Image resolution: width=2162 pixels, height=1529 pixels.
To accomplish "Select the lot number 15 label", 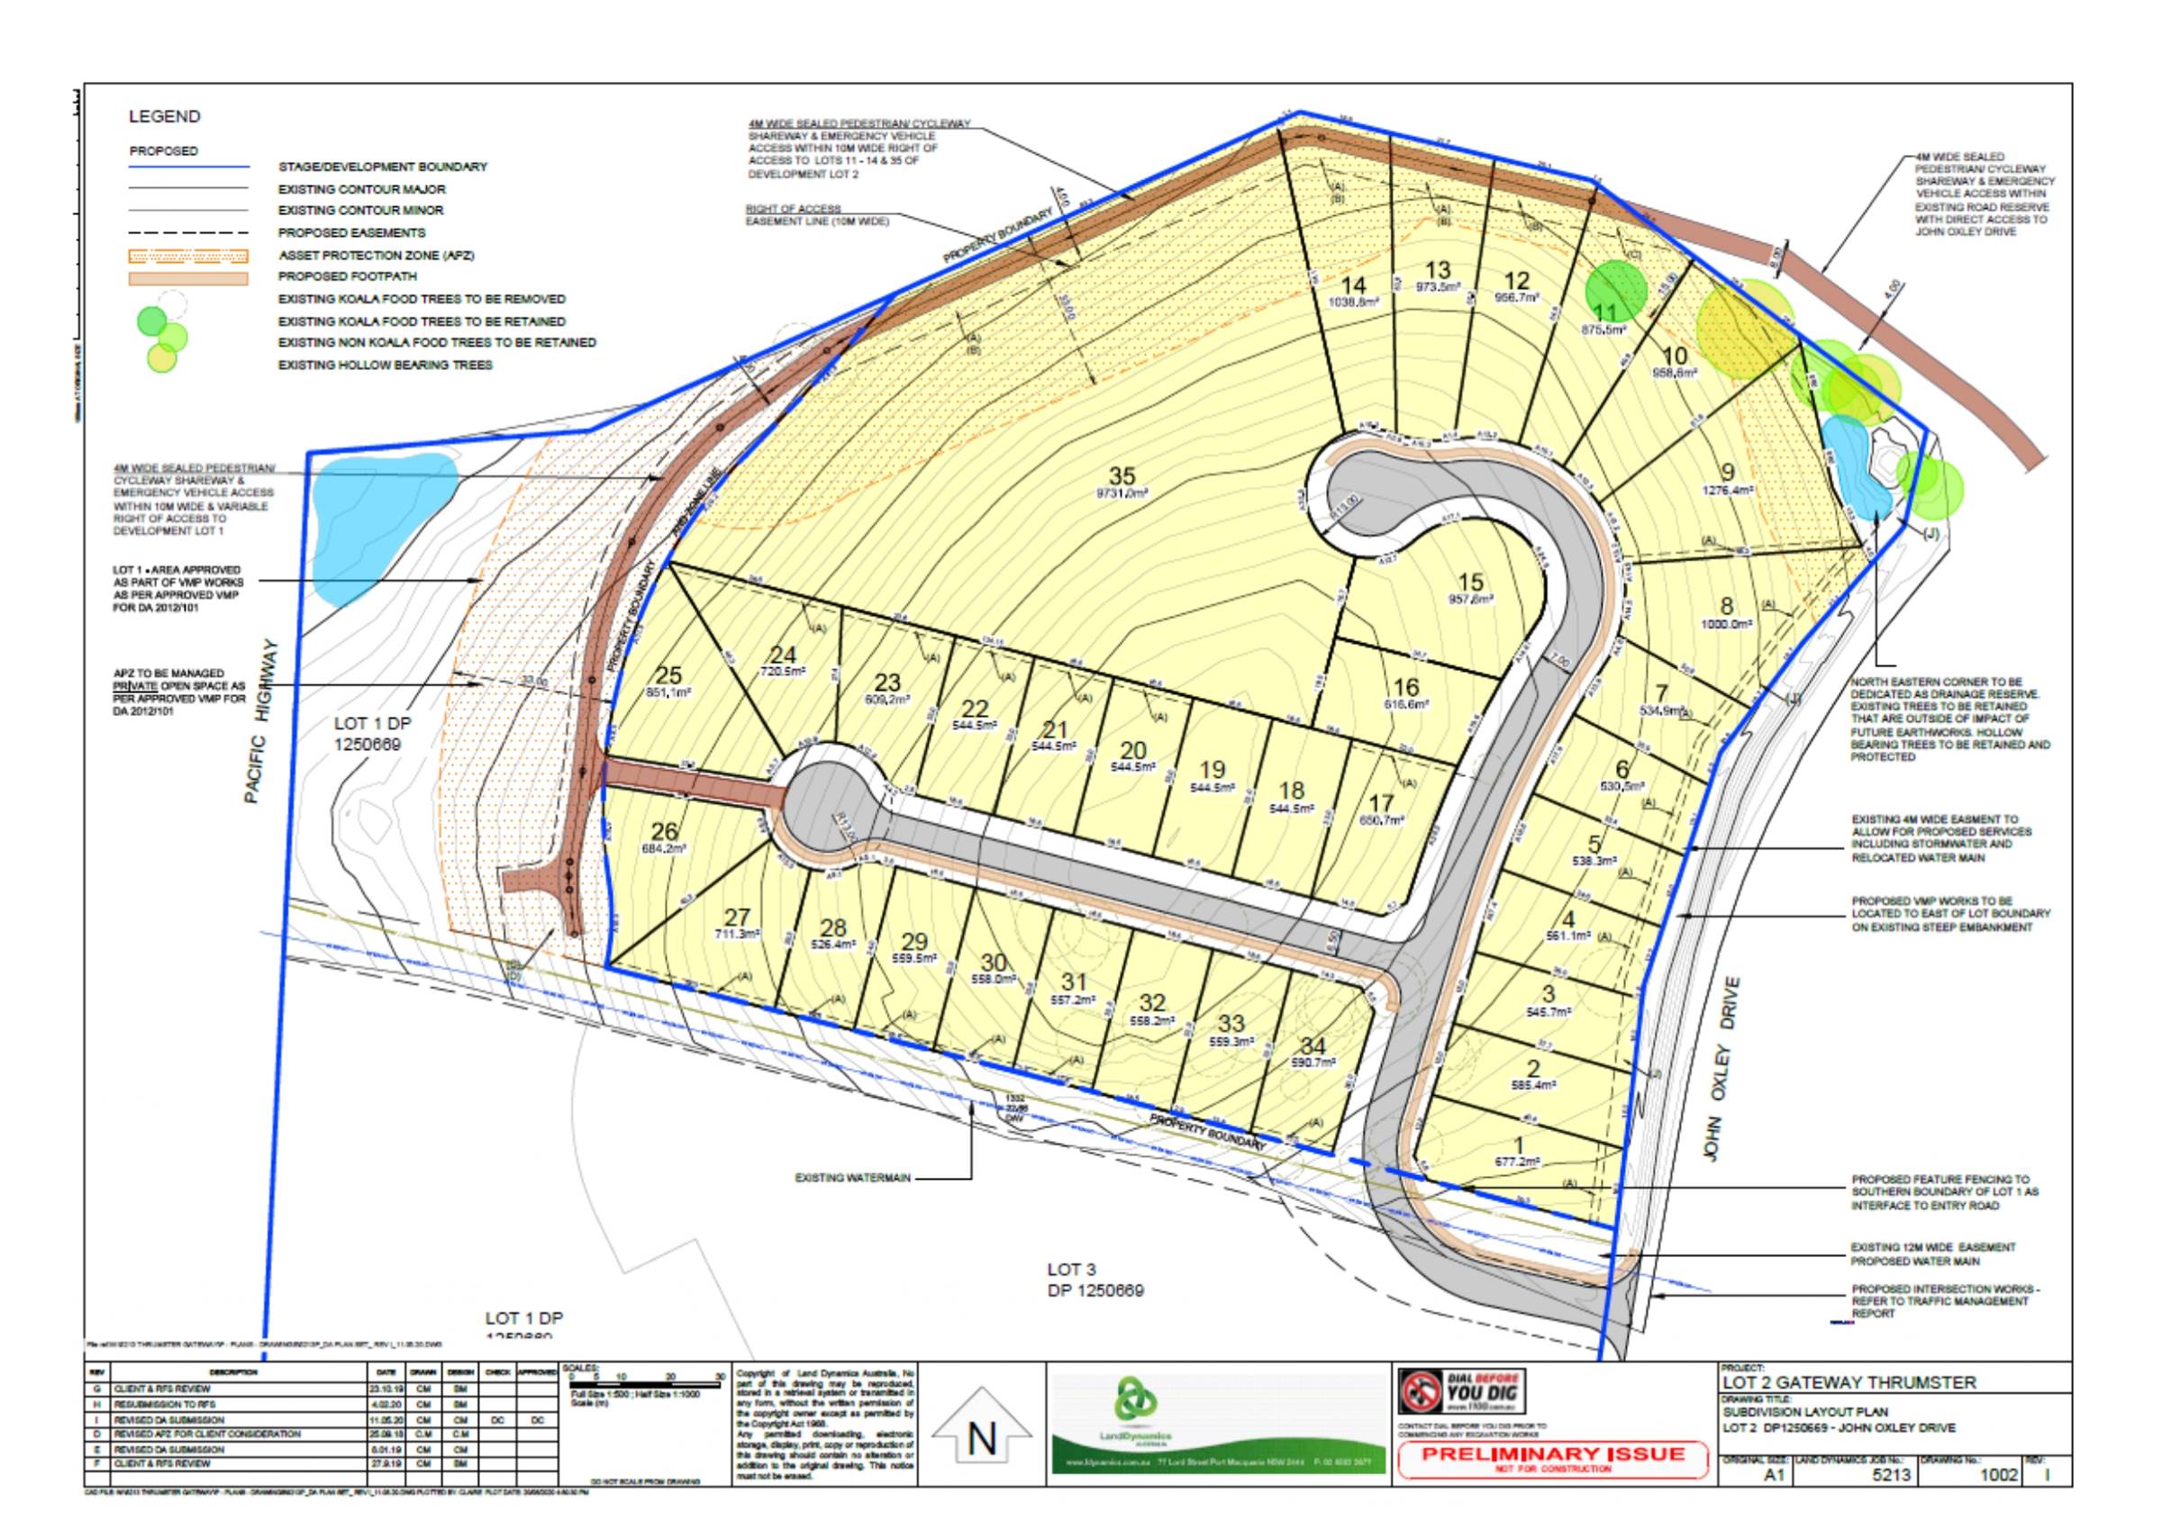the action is pyautogui.click(x=1470, y=583).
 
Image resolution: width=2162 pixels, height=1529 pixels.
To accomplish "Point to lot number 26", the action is pyautogui.click(x=665, y=832).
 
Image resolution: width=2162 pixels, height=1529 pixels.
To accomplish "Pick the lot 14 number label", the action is pyautogui.click(x=1353, y=285).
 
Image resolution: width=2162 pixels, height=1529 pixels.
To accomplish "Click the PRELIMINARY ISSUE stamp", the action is pyautogui.click(x=1556, y=1459).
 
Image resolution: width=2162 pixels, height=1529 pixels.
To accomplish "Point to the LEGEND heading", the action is pyautogui.click(x=164, y=117).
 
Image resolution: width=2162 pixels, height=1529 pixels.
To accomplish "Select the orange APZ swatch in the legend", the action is pyautogui.click(x=188, y=255).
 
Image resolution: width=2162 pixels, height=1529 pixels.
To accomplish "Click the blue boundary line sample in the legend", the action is pyautogui.click(x=188, y=167).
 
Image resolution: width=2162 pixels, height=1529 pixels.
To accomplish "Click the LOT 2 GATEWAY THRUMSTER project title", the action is pyautogui.click(x=1847, y=1383).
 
